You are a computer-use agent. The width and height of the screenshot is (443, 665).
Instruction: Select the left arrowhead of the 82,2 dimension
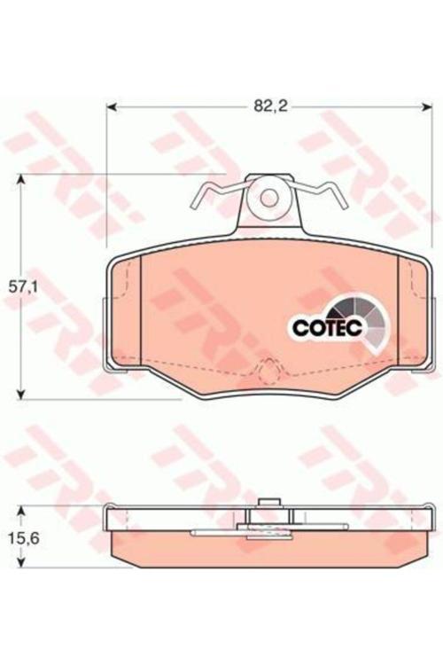pyautogui.click(x=111, y=108)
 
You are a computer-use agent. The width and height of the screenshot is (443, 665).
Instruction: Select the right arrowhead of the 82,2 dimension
pyautogui.click(x=425, y=108)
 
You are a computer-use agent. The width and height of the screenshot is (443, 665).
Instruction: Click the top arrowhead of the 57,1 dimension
pyautogui.click(x=22, y=178)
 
